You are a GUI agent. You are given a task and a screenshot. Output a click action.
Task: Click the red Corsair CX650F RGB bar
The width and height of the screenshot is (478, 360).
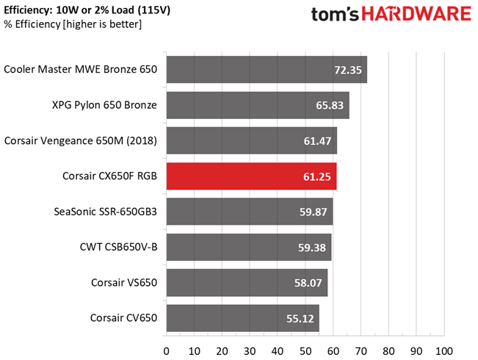tap(251, 177)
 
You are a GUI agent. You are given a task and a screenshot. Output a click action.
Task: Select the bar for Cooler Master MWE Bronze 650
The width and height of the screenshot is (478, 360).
tap(267, 70)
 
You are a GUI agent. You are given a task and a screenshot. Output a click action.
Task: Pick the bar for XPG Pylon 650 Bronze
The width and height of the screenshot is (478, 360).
tap(257, 105)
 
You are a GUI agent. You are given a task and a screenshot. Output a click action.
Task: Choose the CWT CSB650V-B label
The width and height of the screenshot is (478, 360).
tap(119, 248)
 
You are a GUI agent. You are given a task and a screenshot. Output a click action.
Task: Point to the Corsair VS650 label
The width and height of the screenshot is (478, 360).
tap(124, 284)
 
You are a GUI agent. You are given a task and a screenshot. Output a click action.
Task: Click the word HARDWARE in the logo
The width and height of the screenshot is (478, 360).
tap(408, 15)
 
